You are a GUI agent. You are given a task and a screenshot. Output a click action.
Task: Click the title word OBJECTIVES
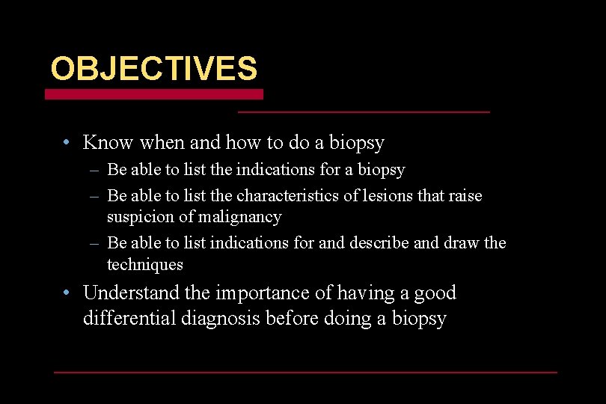tap(153, 70)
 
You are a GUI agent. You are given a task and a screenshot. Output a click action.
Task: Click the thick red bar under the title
tap(153, 94)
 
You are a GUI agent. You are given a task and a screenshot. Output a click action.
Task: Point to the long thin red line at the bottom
tap(305, 372)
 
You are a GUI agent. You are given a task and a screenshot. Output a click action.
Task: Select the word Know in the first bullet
tap(108, 142)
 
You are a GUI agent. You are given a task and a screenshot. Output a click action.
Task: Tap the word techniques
tap(145, 264)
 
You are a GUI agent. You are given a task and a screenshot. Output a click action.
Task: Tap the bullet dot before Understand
tap(67, 293)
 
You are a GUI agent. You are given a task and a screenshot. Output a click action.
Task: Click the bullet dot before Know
tap(67, 142)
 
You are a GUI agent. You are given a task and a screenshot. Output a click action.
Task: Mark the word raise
tap(465, 196)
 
